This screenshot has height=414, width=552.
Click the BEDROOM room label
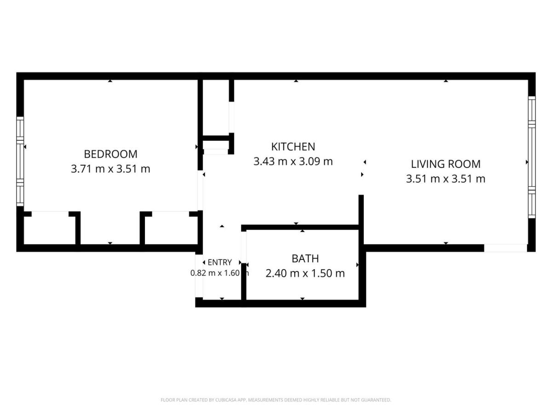[x=111, y=154]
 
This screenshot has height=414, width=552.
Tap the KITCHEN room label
[x=293, y=147]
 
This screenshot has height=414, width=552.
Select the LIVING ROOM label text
[x=446, y=164]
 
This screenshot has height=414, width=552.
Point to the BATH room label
[x=305, y=259]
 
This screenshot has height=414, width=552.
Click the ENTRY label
[x=219, y=262]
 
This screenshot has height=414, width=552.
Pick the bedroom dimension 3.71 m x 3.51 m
[x=111, y=169]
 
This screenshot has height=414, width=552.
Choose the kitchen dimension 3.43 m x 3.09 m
[x=293, y=161]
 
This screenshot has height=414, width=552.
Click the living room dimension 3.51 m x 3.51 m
[x=446, y=179]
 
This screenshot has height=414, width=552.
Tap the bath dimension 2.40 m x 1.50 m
[x=305, y=273]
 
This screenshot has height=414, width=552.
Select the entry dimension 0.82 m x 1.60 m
[x=219, y=273]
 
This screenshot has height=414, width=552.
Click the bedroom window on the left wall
[x=20, y=161]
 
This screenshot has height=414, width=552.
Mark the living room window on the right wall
[x=532, y=157]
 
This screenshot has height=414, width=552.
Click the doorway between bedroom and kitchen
[x=200, y=190]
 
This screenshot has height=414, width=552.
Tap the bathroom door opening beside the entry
[x=243, y=247]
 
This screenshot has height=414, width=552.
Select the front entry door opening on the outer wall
[x=199, y=276]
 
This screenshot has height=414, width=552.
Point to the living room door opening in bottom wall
[x=506, y=248]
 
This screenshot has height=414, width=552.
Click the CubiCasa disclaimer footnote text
[x=276, y=400]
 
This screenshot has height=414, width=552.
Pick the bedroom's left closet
[x=50, y=228]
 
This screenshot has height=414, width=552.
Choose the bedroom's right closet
[x=171, y=228]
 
